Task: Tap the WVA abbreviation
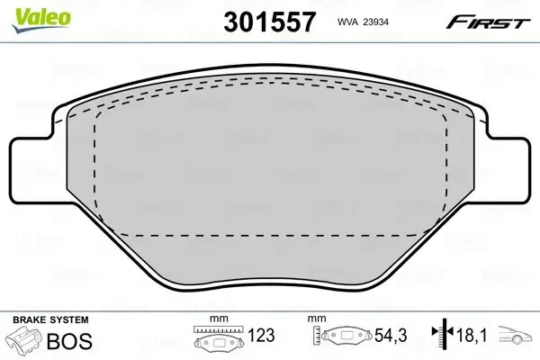(346, 22)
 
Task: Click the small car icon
(517, 337)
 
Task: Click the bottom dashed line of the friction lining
(270, 235)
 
